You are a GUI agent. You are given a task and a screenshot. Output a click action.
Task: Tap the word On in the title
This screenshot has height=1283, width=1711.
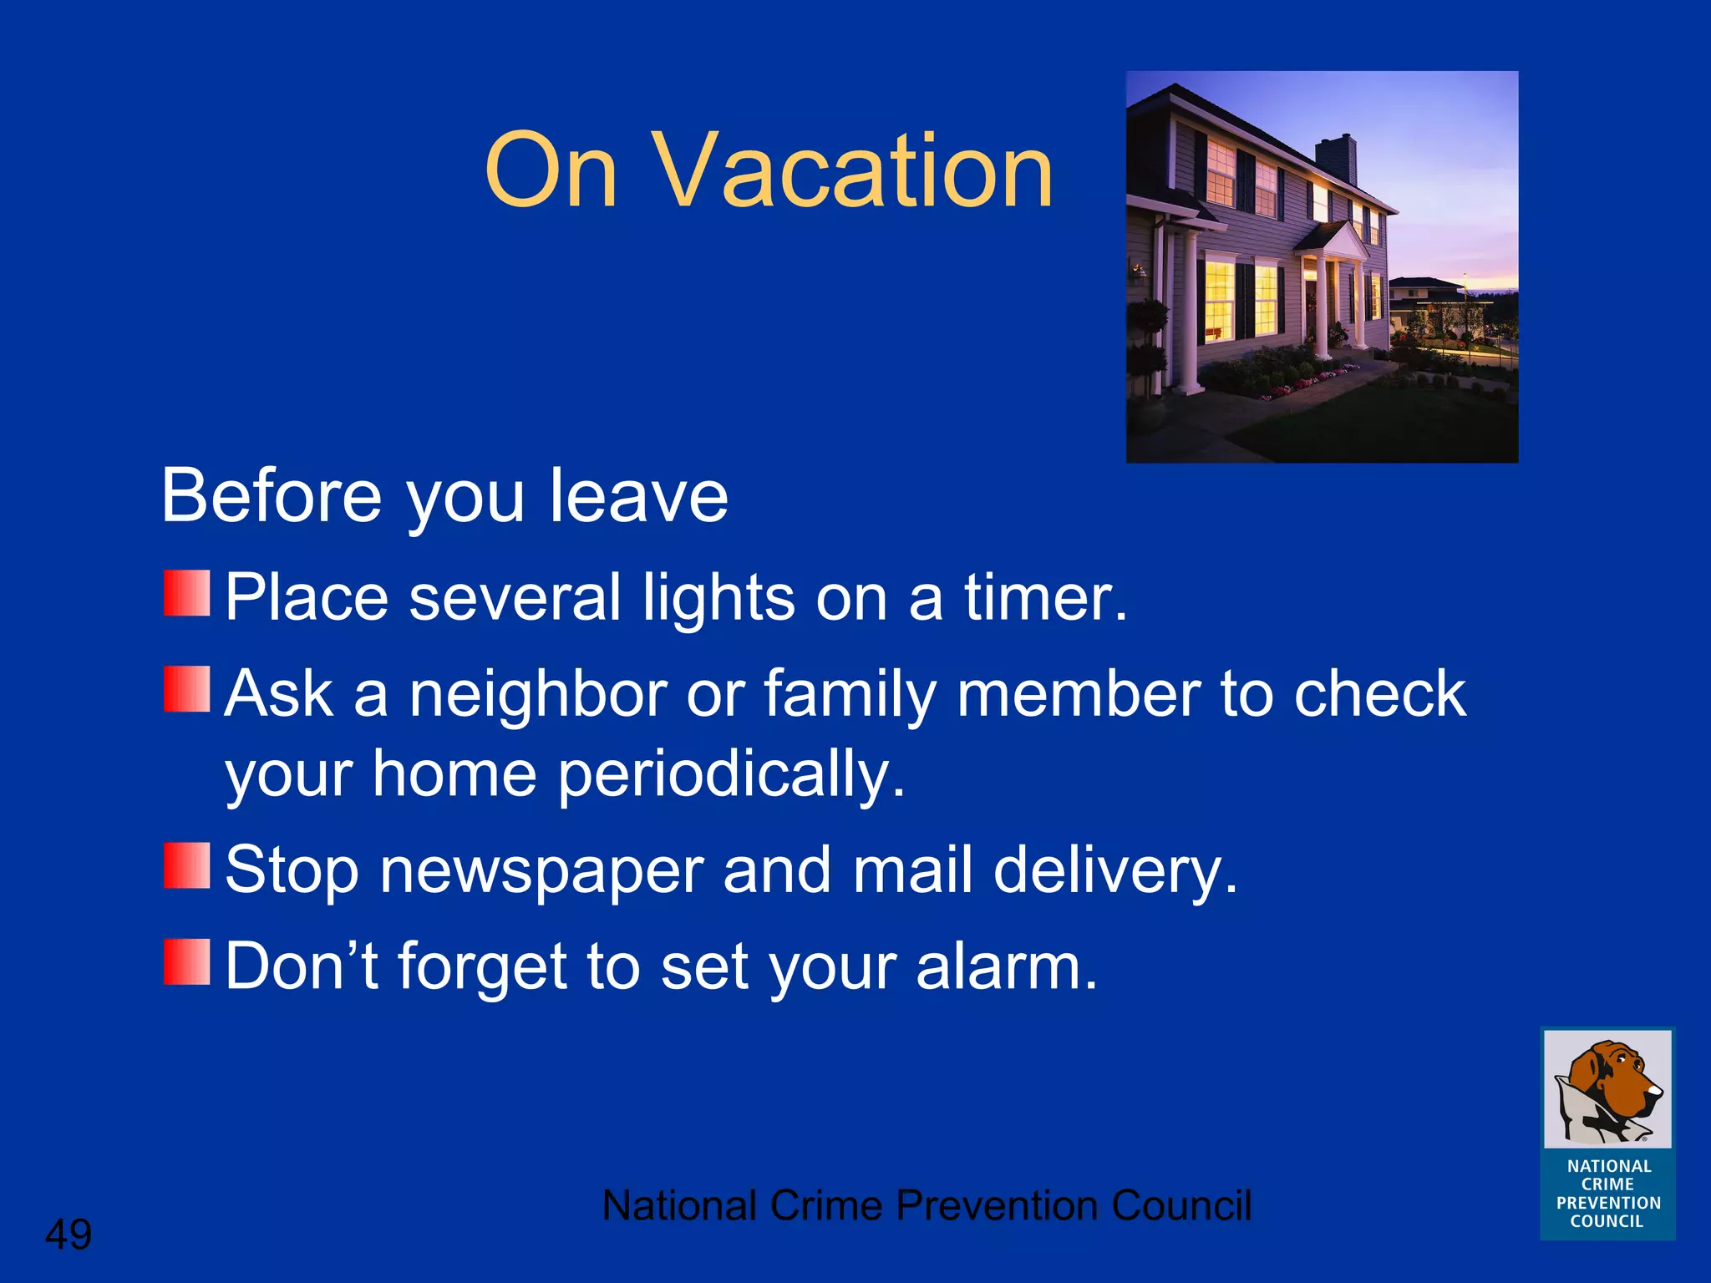[551, 171]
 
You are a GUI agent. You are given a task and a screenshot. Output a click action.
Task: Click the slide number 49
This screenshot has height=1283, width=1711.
[69, 1234]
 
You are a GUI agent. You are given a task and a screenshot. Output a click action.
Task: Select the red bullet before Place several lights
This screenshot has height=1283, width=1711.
[186, 593]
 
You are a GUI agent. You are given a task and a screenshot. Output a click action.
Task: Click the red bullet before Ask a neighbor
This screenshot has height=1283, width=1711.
[186, 689]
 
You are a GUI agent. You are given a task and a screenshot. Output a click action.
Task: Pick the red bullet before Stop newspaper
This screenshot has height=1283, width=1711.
[186, 865]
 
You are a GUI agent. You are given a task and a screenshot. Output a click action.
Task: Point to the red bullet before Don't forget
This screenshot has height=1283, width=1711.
[186, 961]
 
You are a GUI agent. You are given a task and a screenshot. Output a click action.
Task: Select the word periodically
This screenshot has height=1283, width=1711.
[731, 775]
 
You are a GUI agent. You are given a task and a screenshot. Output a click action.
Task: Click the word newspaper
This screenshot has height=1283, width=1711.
[541, 871]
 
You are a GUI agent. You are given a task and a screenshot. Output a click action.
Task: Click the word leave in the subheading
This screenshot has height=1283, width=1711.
[638, 497]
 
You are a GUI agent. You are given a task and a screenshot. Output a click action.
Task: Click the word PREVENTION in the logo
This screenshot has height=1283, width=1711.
[1608, 1203]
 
